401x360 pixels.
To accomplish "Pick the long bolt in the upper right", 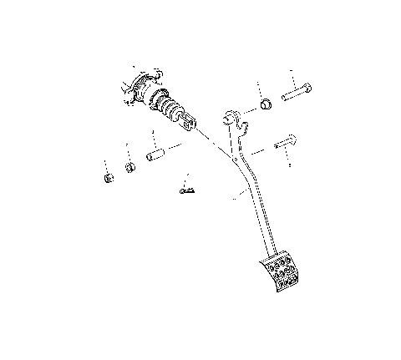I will tap(297, 94).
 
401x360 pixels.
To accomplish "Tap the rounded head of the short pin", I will tap(292, 139).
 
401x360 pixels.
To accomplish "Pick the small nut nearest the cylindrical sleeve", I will tap(130, 167).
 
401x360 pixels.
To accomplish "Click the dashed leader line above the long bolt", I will tap(292, 77).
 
